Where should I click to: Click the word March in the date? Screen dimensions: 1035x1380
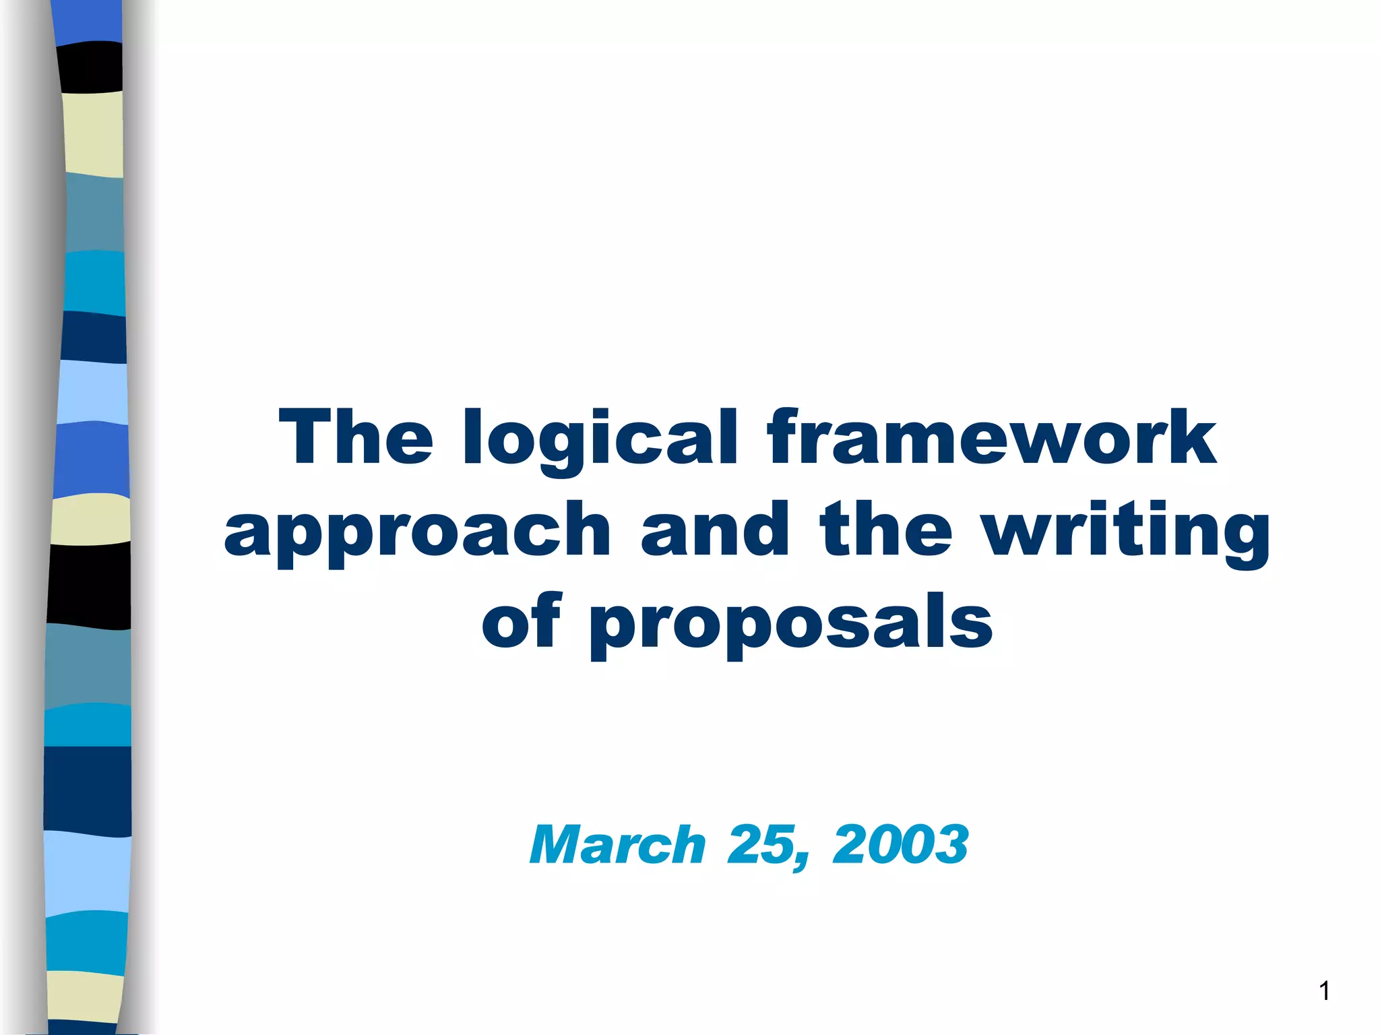pos(617,845)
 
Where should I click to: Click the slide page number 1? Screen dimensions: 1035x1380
pos(1324,991)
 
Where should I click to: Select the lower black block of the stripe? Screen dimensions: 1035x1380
pos(89,585)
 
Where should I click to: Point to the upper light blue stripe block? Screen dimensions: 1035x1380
pos(92,392)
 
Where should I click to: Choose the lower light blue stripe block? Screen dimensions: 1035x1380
pos(88,873)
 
